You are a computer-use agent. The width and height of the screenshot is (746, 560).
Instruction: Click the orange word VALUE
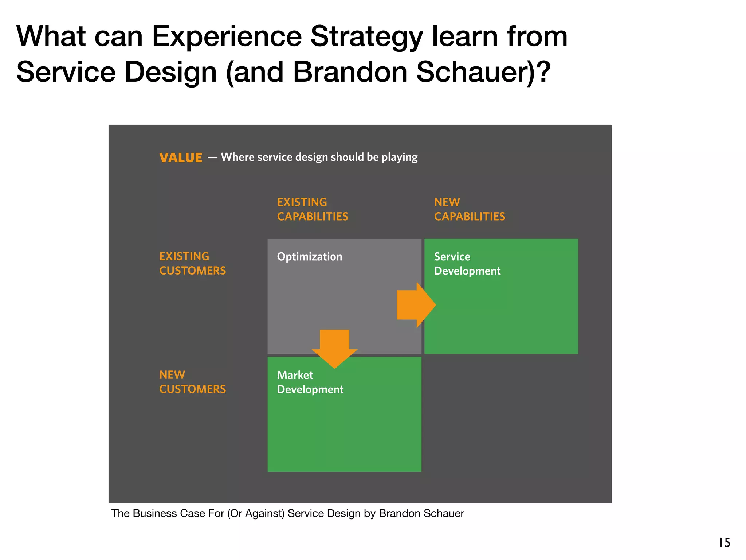[x=181, y=158]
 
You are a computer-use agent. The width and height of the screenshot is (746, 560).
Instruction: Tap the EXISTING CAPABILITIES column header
[x=312, y=209]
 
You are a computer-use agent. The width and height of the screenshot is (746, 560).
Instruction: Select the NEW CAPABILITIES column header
[x=469, y=209]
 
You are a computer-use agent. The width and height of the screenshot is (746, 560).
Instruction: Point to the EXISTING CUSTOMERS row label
[x=192, y=263]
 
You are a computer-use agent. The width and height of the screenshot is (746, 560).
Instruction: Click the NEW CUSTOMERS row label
[x=192, y=382]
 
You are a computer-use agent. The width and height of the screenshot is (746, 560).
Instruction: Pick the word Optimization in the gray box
[x=309, y=257]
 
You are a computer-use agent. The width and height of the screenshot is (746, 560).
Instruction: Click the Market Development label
[x=310, y=382]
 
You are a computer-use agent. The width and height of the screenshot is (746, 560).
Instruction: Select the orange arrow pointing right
[x=416, y=305]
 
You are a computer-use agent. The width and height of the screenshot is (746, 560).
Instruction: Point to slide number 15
[x=724, y=542]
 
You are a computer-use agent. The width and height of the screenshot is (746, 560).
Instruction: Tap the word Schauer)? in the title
[x=483, y=72]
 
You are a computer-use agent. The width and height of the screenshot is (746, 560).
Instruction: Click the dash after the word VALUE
[x=212, y=158]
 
